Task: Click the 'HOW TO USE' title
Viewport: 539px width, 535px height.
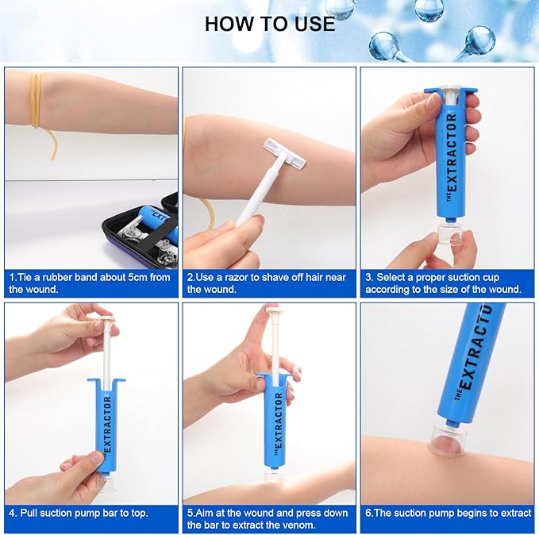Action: pyautogui.click(x=270, y=24)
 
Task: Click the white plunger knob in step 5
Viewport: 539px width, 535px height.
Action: pyautogui.click(x=275, y=312)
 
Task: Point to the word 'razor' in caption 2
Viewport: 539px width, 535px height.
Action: pyautogui.click(x=238, y=278)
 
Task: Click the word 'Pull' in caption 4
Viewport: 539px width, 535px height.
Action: pyautogui.click(x=29, y=514)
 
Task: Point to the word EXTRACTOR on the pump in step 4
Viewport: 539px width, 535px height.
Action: pyautogui.click(x=107, y=424)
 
